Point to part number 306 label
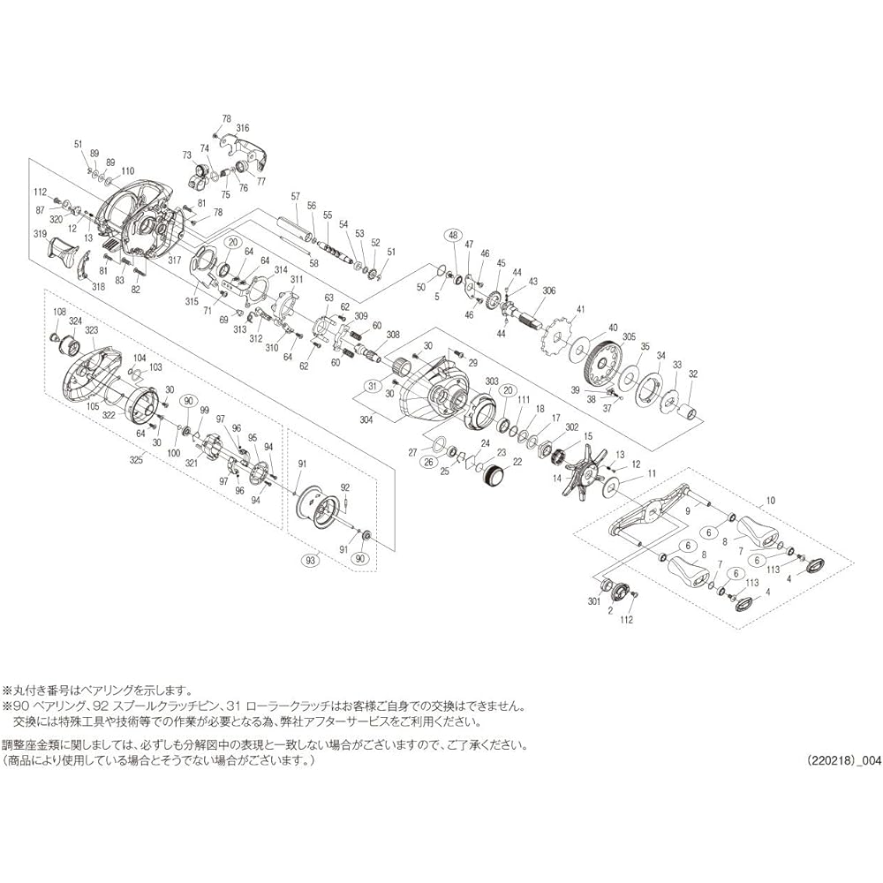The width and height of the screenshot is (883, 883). tap(548, 291)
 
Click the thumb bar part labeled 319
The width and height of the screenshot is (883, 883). tap(62, 253)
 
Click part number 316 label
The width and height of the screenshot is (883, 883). tap(242, 128)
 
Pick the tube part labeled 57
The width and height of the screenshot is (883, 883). tap(297, 229)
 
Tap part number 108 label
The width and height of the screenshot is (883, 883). tap(60, 311)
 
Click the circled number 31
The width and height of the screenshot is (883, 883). tap(373, 386)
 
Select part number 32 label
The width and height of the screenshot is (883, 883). tap(693, 374)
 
